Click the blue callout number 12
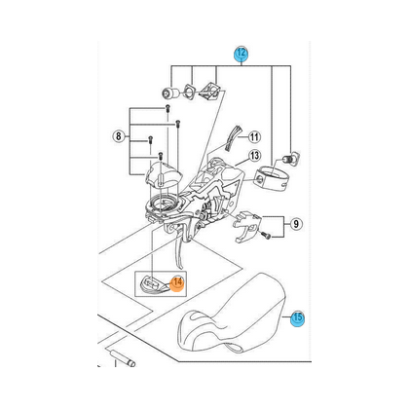[x=242, y=54]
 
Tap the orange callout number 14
[x=177, y=283]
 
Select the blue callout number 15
[x=298, y=317]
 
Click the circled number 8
[x=118, y=135]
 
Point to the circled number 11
[x=254, y=137]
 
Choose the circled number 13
[x=255, y=156]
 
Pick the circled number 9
[x=296, y=224]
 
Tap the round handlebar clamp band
[x=272, y=177]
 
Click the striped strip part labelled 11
[x=233, y=137]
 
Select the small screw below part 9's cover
[x=266, y=236]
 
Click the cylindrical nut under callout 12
[x=170, y=93]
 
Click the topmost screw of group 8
[x=167, y=108]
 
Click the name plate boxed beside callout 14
[x=154, y=284]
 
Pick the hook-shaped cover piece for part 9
[x=247, y=226]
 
